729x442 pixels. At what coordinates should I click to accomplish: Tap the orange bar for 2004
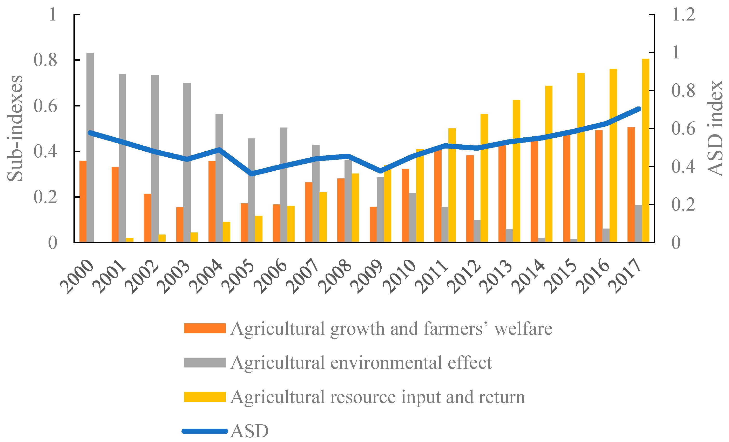pos(212,202)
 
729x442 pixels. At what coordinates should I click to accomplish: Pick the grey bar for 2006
pos(284,185)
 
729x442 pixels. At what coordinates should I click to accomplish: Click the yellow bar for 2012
pos(484,178)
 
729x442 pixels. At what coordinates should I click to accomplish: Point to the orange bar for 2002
pos(147,218)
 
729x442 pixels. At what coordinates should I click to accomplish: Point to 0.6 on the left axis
pos(45,106)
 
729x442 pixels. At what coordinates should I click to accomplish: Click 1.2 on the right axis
pos(683,14)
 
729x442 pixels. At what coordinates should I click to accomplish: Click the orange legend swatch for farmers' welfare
pos(205,328)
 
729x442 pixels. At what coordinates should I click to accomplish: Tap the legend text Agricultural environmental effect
pos(361,363)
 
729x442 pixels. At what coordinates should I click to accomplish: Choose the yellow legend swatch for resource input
pos(205,397)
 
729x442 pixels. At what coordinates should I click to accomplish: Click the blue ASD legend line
pos(205,431)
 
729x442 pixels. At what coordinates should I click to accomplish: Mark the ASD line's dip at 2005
pos(252,174)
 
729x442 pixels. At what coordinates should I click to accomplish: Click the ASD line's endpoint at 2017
pos(638,109)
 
